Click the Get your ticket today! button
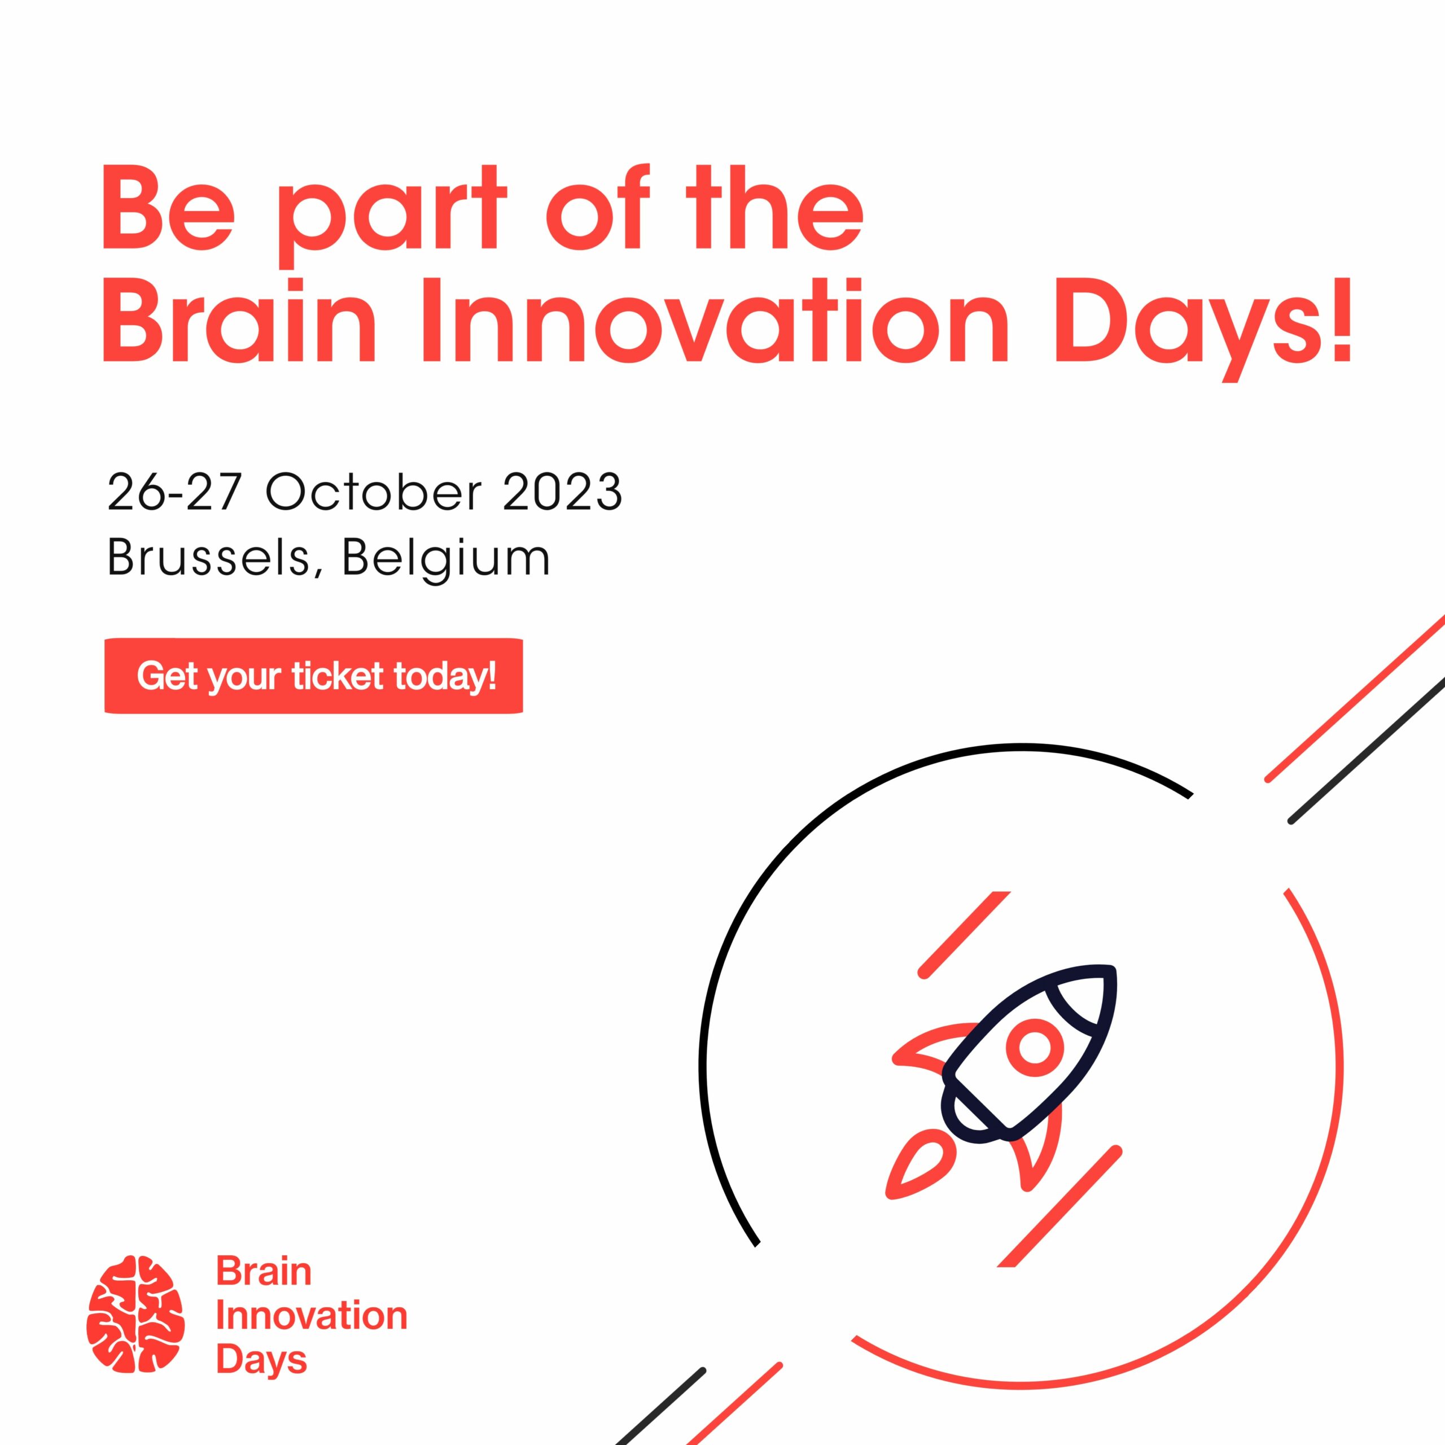click(313, 676)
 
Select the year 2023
click(562, 492)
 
